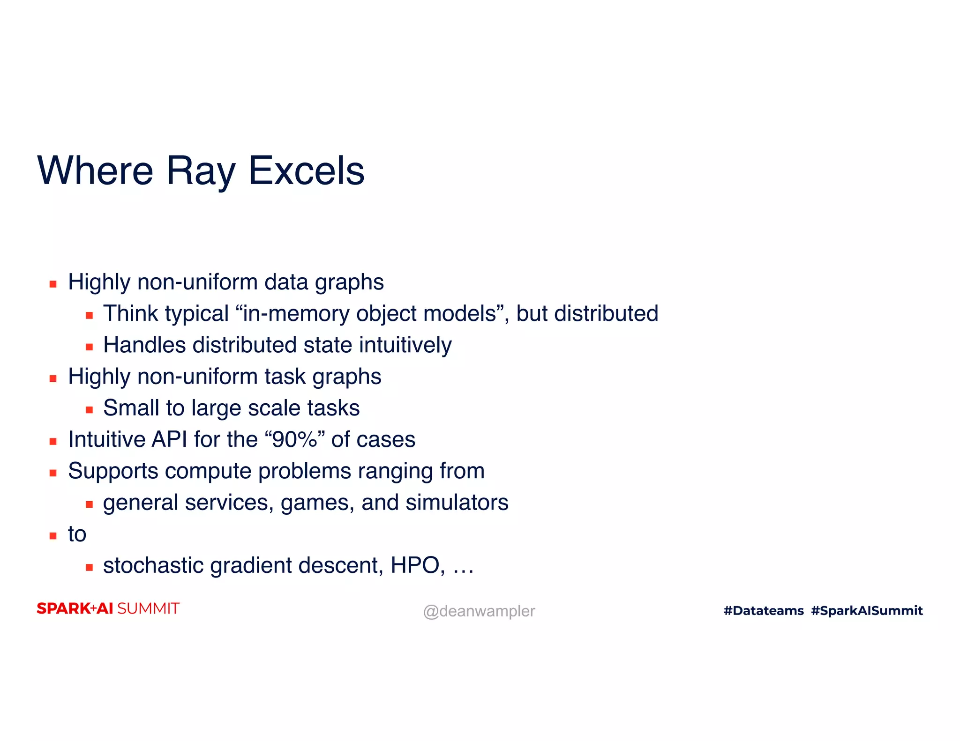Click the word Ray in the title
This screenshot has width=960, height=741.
[200, 171]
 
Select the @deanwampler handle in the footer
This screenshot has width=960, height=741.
[479, 611]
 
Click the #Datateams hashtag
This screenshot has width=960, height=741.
[764, 610]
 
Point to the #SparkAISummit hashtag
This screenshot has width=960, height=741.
[867, 610]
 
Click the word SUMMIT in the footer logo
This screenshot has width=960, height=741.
[148, 608]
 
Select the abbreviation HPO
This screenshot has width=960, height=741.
[415, 565]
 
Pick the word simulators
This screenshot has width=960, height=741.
[457, 503]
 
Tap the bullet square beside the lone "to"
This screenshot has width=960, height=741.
[53, 536]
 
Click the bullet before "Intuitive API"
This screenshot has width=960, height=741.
[53, 441]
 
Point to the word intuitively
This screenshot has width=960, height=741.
[405, 345]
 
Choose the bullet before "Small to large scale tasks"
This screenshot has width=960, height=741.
[89, 410]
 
